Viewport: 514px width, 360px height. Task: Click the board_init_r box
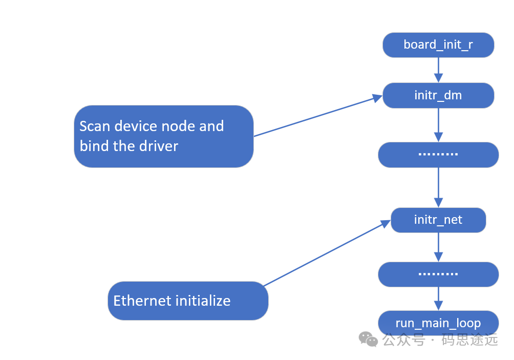point(438,45)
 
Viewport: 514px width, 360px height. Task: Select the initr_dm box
point(438,95)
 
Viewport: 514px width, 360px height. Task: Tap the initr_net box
point(438,220)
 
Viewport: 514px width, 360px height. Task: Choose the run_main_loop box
point(438,323)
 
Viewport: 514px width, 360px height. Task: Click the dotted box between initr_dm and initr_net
point(438,155)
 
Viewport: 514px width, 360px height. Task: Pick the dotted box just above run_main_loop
point(438,274)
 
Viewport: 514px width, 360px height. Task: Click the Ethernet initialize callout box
point(188,301)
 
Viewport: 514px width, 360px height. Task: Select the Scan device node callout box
point(164,136)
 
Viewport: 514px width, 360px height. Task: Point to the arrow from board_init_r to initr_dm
point(438,70)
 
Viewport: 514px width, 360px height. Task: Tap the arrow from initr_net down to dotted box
point(438,247)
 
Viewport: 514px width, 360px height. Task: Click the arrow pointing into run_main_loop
point(438,299)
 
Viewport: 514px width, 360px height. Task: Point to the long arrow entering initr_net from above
point(438,187)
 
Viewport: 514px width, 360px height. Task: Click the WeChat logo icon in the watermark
point(368,339)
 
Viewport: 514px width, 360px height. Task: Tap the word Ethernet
point(142,301)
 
